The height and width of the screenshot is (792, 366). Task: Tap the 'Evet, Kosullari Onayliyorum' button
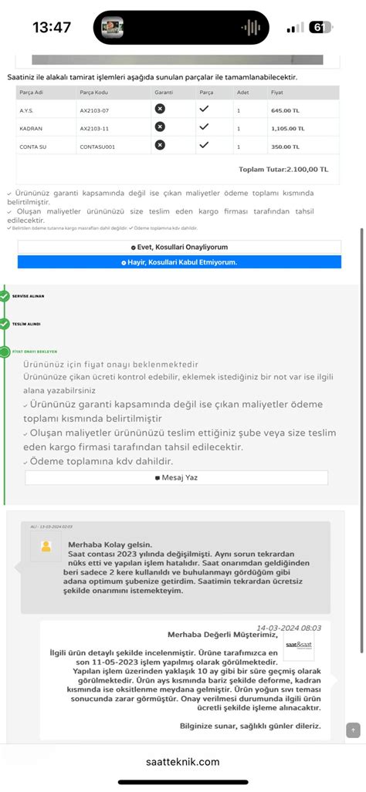tap(179, 247)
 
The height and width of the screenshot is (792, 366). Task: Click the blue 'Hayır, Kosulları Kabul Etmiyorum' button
tap(179, 262)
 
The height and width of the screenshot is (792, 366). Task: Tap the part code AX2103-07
tap(94, 110)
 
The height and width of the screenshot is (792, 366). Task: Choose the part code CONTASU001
tap(97, 147)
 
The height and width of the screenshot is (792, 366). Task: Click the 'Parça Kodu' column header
tap(93, 93)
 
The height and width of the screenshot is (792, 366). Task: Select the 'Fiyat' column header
tap(276, 93)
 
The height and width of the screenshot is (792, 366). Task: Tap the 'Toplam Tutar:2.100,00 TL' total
tap(283, 169)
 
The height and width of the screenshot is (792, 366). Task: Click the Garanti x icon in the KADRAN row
tap(160, 127)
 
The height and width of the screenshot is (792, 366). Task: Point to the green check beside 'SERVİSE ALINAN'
tap(5, 296)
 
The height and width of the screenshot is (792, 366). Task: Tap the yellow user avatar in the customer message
tap(46, 547)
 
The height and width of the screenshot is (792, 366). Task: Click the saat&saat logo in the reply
tap(297, 645)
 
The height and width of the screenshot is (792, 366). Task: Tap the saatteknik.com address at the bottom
tap(183, 762)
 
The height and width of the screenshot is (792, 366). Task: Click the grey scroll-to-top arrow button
tap(353, 730)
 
